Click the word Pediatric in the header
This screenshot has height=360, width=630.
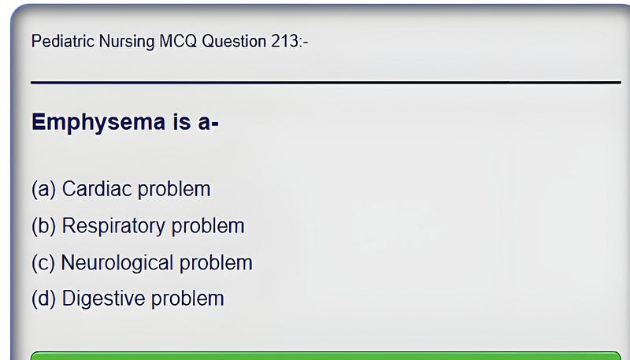[63, 41]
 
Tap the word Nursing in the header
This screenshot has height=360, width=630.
[127, 42]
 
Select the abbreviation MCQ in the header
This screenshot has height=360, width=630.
[178, 42]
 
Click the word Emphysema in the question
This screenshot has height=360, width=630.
[98, 122]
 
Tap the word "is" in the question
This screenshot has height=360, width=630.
[182, 121]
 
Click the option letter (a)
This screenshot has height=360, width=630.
[43, 189]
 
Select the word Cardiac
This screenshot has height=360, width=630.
[97, 188]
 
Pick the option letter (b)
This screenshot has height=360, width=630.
[43, 226]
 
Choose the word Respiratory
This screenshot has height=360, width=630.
[113, 227]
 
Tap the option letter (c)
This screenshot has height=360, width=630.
[43, 263]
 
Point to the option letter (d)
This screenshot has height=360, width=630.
[43, 299]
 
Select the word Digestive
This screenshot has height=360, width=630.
[104, 299]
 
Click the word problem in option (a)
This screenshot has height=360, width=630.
[174, 189]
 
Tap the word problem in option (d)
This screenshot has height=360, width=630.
[187, 299]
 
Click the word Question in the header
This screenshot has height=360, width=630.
[234, 42]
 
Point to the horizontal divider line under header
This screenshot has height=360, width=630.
[326, 83]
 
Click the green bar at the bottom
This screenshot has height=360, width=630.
[326, 356]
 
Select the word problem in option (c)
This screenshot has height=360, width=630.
[216, 263]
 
